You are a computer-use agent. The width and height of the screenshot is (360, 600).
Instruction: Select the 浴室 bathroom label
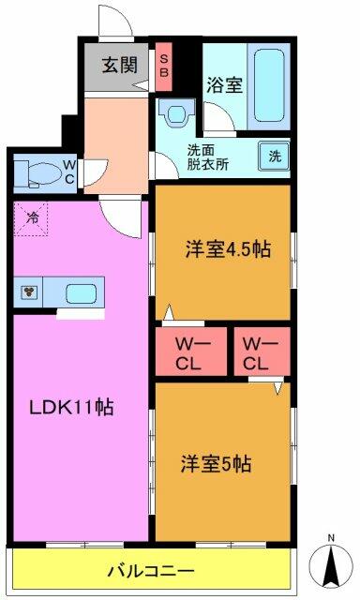pyautogui.click(x=225, y=84)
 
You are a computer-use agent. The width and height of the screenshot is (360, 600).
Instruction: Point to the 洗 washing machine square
pyautogui.click(x=275, y=156)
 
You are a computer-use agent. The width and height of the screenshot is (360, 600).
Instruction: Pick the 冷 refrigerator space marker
pyautogui.click(x=32, y=217)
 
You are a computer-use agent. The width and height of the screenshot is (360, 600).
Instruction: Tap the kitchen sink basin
pyautogui.click(x=82, y=292)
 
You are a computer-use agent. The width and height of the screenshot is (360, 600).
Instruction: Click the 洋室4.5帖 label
pyautogui.click(x=228, y=249)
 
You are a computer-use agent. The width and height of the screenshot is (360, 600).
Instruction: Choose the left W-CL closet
pyautogui.click(x=190, y=352)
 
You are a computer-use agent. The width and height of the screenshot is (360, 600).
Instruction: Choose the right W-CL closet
pyautogui.click(x=262, y=352)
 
